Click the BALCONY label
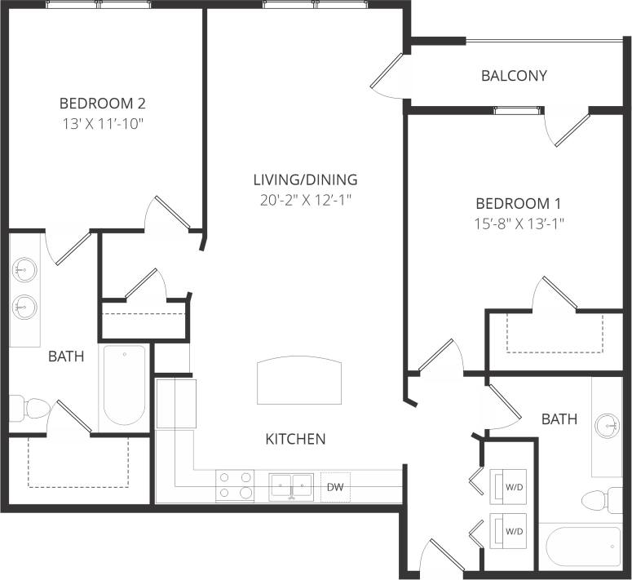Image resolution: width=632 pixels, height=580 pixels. tap(514, 76)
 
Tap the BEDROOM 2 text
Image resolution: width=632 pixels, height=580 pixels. tap(103, 104)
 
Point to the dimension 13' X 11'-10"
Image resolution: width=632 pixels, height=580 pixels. tap(103, 124)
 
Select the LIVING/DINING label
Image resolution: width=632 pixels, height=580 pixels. tap(305, 179)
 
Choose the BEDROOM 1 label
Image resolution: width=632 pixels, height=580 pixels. tap(519, 203)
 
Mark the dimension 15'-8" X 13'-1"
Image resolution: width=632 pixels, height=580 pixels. tap(519, 223)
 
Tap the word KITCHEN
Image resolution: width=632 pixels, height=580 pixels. tap(295, 439)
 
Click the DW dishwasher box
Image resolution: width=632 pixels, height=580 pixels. tap(335, 486)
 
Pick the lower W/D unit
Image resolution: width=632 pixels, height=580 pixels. tap(514, 530)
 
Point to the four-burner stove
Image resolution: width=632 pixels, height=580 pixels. tap(234, 485)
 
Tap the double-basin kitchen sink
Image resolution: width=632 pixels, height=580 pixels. tap(292, 485)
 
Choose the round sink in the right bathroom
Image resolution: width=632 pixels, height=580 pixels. tap(606, 425)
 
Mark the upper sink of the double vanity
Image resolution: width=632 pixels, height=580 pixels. tap(24, 268)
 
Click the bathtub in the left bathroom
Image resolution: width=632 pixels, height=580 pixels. tap(124, 385)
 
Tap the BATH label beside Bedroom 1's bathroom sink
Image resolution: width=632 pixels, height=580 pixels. tap(559, 419)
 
